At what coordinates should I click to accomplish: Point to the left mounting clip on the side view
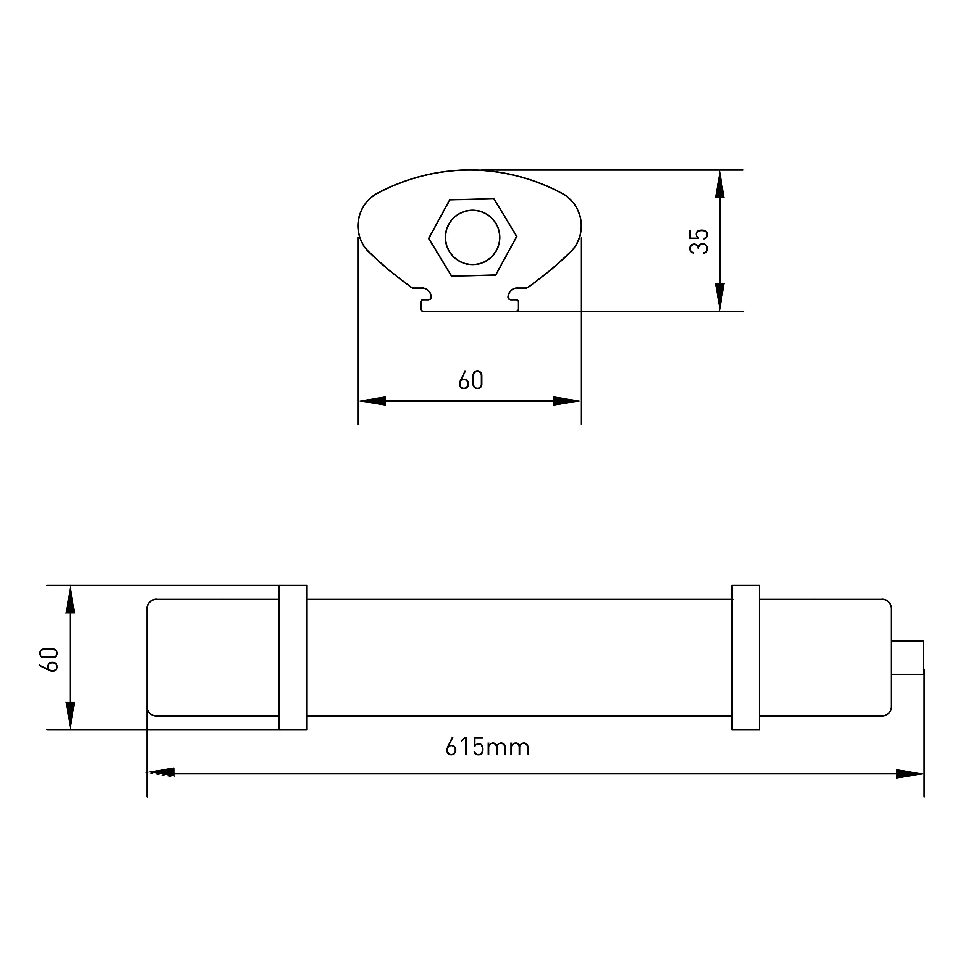point(293,657)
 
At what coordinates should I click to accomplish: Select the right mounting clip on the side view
point(746,657)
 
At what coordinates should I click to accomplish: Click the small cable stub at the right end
point(907,657)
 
